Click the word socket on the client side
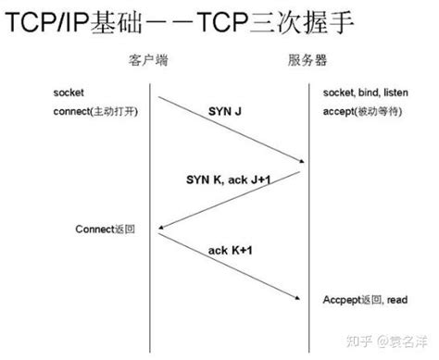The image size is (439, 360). coord(68,94)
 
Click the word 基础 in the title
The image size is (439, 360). coord(124,22)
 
